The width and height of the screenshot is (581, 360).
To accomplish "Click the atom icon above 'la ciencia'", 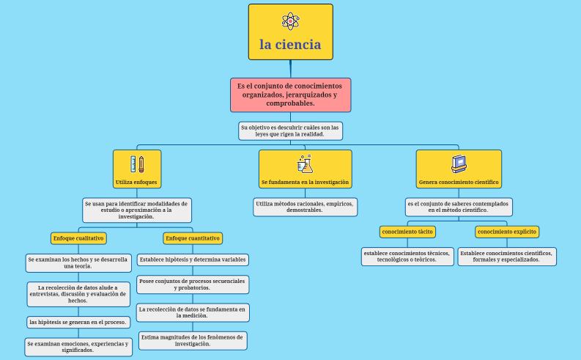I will [x=290, y=21].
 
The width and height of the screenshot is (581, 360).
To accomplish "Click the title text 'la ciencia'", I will [x=290, y=45].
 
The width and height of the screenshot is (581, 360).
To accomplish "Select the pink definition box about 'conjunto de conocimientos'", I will [x=290, y=95].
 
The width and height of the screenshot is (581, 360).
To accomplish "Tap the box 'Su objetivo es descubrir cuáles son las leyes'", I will [x=290, y=131].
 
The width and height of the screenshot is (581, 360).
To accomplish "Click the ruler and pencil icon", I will [x=137, y=164].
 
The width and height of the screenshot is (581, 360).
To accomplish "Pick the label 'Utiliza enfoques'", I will [x=137, y=182].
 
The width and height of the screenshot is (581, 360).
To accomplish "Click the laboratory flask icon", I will [x=305, y=164].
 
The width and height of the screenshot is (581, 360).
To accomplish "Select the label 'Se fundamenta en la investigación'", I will [x=305, y=182].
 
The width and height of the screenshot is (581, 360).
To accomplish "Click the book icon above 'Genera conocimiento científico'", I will [x=459, y=164].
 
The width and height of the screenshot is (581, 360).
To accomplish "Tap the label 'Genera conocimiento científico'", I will [x=459, y=182].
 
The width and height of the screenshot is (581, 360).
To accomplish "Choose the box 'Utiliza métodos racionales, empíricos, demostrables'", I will [x=306, y=207].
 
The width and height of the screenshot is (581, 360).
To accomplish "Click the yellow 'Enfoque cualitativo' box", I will [x=78, y=238].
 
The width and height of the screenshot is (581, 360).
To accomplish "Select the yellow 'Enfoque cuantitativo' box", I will [x=193, y=238].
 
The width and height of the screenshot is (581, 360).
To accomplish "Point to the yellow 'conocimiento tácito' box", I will [x=407, y=232].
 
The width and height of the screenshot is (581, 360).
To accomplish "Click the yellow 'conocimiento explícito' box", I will [x=507, y=232].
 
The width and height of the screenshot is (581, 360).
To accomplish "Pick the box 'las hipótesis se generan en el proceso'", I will [x=78, y=322].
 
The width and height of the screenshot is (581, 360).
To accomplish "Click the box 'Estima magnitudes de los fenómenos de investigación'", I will [x=193, y=340].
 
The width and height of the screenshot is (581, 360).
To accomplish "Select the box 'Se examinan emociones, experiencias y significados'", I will [x=78, y=347].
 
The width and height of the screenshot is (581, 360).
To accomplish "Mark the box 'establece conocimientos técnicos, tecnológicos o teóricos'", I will [x=407, y=256].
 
